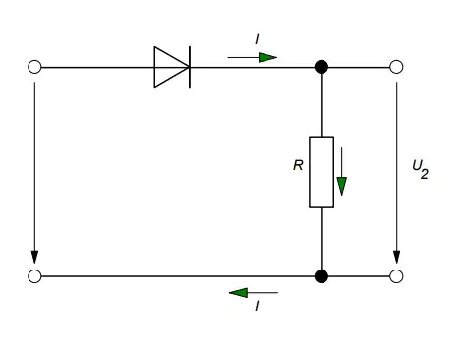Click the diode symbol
[172, 67]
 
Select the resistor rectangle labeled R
[322, 172]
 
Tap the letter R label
[298, 165]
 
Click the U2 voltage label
[420, 169]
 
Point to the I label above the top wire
[257, 40]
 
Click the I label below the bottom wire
[257, 306]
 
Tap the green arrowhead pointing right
[267, 57]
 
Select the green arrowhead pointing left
[238, 292]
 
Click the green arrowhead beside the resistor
[342, 186]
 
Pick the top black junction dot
[322, 67]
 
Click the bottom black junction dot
[322, 276]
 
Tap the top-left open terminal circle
[34, 67]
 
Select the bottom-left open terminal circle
[34, 276]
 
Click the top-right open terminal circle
[396, 67]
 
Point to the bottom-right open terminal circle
[396, 276]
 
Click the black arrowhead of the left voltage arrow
[34, 257]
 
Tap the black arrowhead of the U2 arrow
[396, 257]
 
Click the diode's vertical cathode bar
[190, 67]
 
